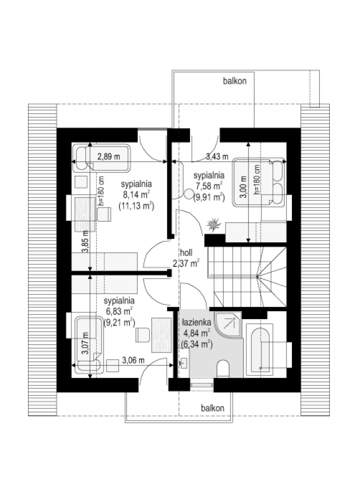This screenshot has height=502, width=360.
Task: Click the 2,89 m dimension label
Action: tap(109, 156)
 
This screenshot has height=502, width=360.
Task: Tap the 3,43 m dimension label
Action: tap(217, 156)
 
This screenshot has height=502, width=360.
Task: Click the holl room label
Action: tap(186, 253)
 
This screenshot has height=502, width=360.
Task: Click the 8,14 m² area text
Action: tap(136, 195)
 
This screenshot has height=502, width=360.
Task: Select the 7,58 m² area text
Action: tap(209, 186)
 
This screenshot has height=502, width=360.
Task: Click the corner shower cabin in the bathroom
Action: tap(228, 325)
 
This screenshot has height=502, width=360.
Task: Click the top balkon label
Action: tap(235, 81)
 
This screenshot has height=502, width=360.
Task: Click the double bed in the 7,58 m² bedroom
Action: tap(259, 182)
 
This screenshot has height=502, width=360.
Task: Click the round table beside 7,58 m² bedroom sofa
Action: tap(189, 194)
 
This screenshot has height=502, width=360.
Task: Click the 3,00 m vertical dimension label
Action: tap(244, 187)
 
